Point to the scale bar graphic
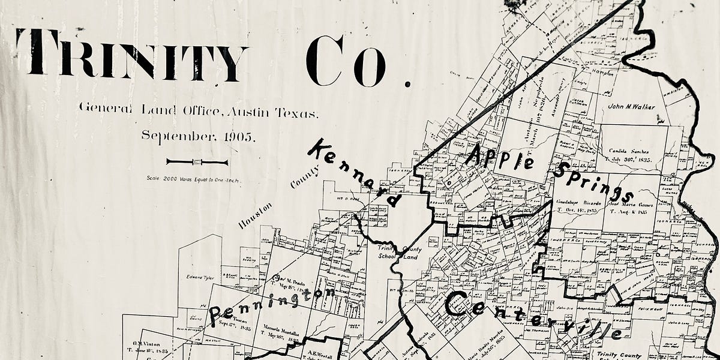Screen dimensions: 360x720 pyautogui.click(x=197, y=162)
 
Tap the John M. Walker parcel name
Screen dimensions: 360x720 pyautogui.click(x=632, y=107)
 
